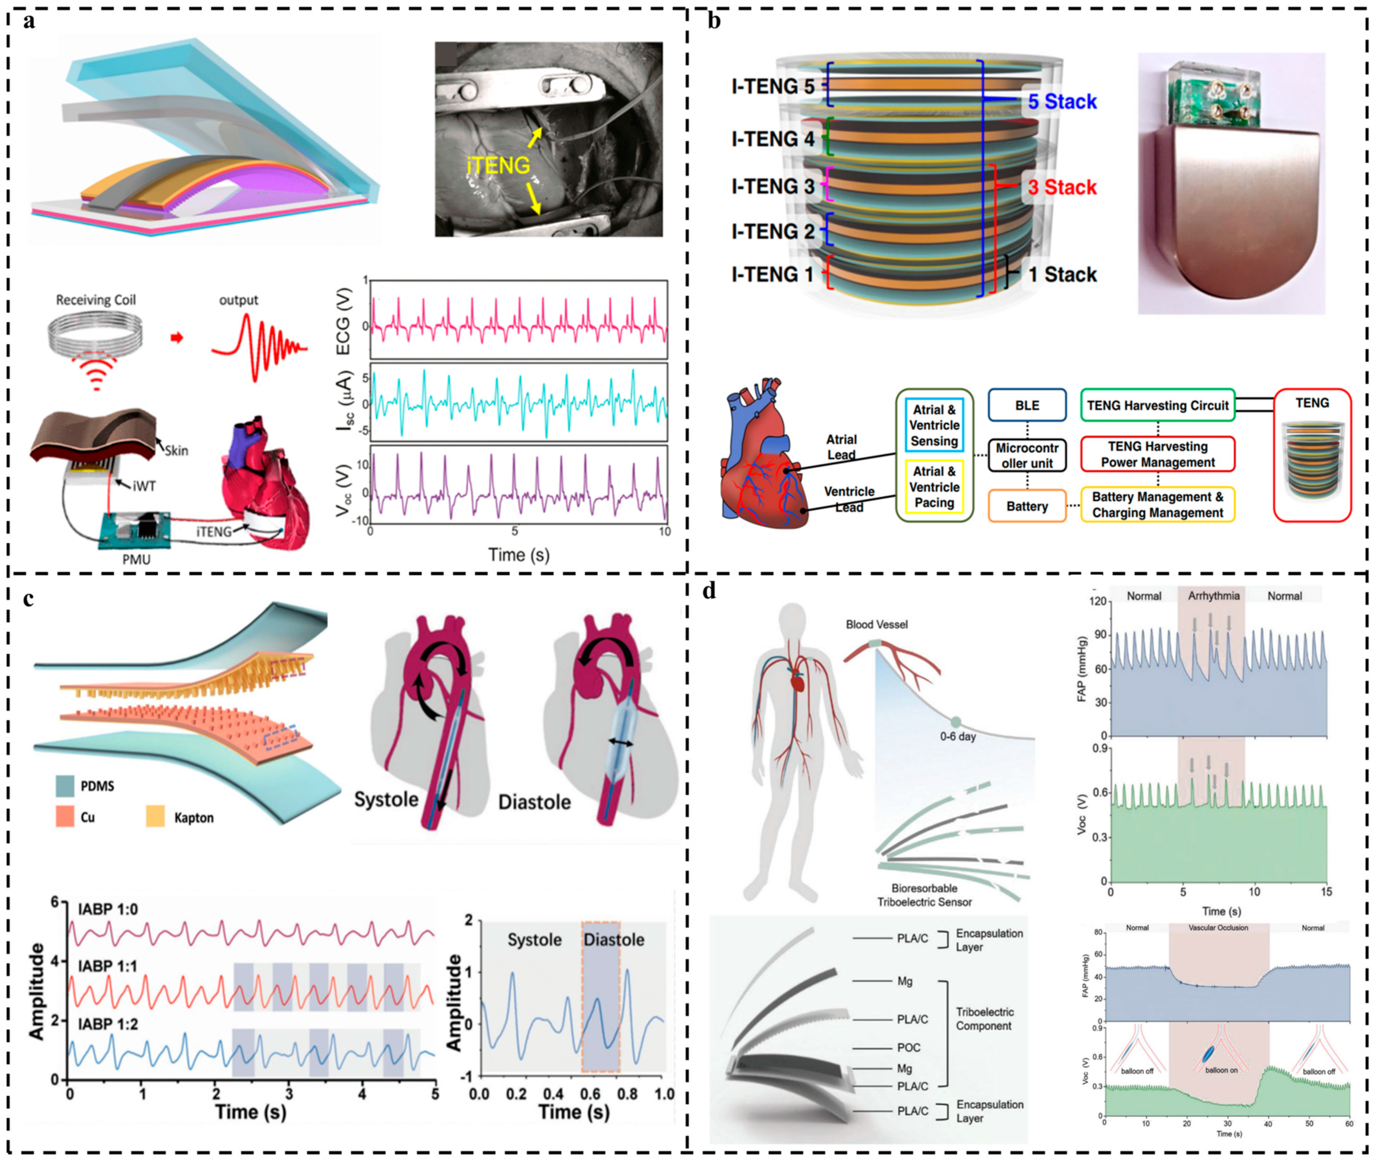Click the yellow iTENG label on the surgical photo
(x=498, y=165)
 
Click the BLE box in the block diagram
(x=1026, y=405)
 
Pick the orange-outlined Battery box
(x=1026, y=506)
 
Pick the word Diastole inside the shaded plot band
(x=613, y=939)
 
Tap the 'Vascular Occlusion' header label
(x=1218, y=927)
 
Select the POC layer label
(x=909, y=1048)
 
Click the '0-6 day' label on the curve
(x=957, y=736)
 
